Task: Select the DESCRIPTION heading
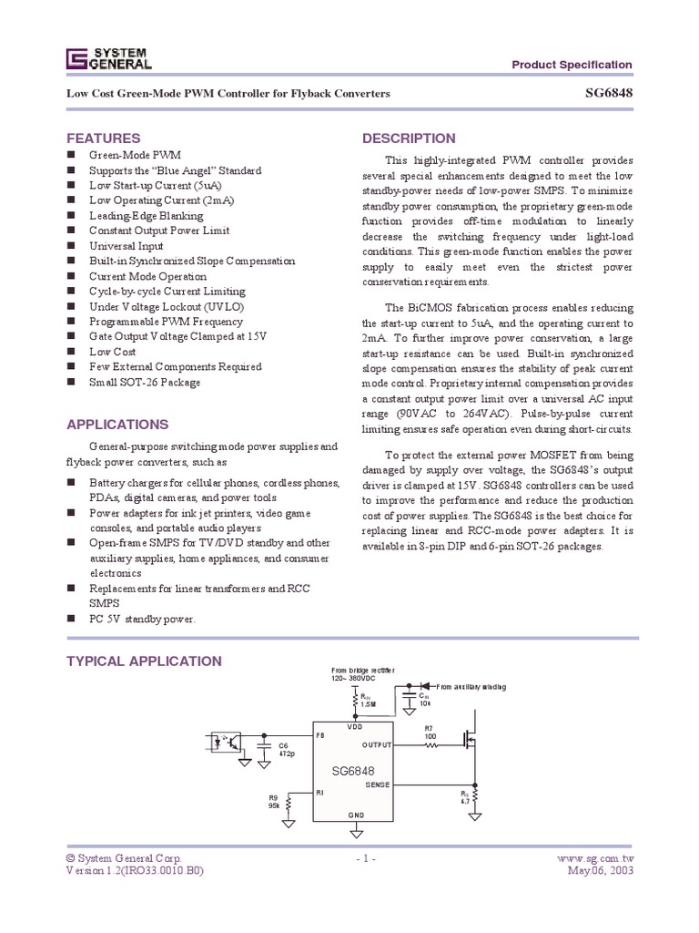pos(409,138)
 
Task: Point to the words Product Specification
pos(572,65)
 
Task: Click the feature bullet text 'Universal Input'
pos(126,246)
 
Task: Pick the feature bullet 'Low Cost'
pos(112,351)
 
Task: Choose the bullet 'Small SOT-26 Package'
pos(144,382)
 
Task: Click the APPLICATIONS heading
pos(117,425)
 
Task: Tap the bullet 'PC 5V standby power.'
pos(142,619)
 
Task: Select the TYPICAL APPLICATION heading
pos(144,661)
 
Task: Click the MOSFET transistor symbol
pos(471,739)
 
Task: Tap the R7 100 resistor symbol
pos(431,744)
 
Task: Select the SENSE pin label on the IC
pos(377,784)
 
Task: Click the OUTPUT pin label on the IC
pos(377,744)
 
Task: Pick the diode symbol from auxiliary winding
pos(424,686)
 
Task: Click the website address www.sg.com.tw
pos(593,858)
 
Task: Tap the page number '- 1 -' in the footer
pos(363,858)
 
